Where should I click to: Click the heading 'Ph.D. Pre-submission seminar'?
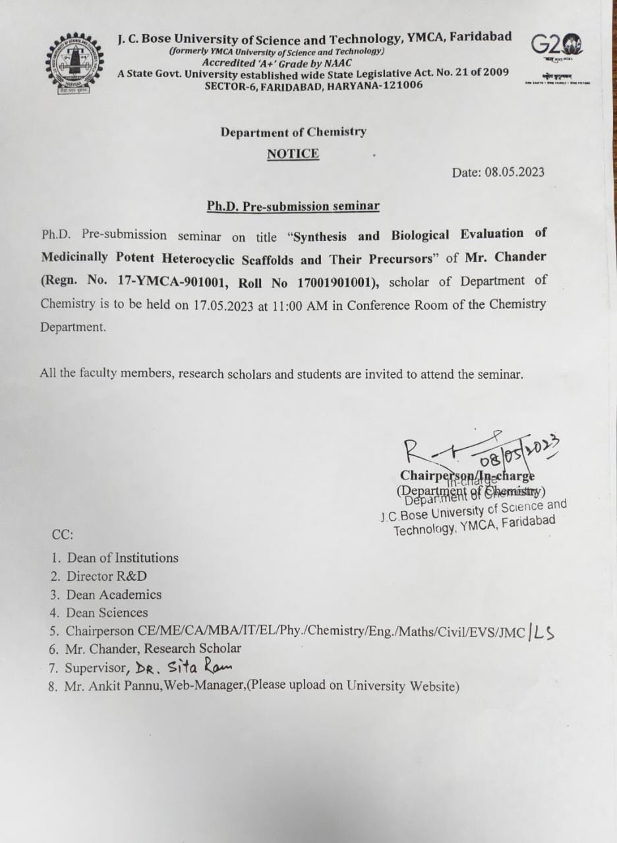(293, 206)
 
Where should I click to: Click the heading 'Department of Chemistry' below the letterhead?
(293, 132)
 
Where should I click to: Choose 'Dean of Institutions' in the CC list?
(123, 558)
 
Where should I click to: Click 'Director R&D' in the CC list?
(107, 576)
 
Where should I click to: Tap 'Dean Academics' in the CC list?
(113, 595)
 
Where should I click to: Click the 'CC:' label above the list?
(63, 534)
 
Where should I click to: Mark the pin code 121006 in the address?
(400, 86)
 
